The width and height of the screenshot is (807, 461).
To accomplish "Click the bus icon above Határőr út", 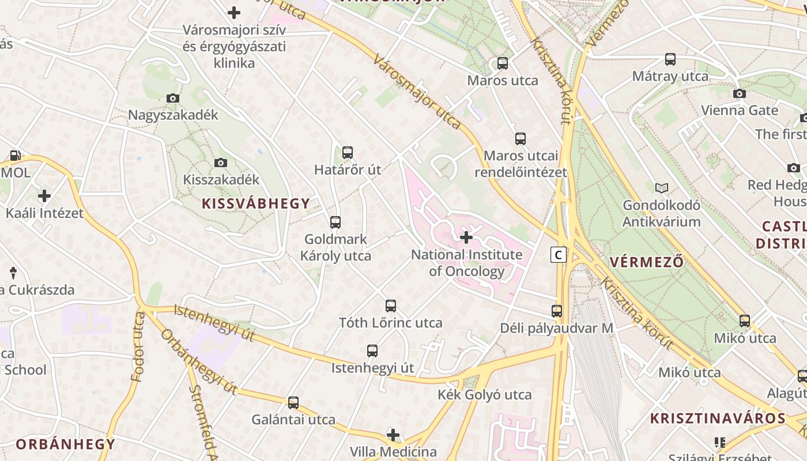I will [347, 153].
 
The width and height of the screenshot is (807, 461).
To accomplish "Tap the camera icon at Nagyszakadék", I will [172, 99].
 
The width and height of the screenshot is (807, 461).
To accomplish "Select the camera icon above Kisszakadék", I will [220, 163].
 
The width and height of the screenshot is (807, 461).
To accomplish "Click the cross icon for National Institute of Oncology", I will [466, 237].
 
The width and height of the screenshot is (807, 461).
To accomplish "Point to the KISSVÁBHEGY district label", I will [256, 203].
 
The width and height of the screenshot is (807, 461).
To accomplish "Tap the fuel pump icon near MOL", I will [15, 156].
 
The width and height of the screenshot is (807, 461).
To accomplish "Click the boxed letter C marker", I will [558, 254].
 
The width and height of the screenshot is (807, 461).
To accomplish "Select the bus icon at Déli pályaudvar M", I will [556, 311].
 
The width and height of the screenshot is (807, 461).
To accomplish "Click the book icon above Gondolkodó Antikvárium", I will [662, 188].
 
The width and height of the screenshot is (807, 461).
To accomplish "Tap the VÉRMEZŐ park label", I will [647, 262].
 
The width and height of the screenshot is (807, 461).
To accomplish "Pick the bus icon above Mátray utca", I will [670, 59].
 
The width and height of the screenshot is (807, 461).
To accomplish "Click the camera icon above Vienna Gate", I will [739, 93].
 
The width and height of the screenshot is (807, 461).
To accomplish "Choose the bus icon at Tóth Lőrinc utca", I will [390, 306].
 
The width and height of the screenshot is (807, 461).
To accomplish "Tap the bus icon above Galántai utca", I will [293, 403].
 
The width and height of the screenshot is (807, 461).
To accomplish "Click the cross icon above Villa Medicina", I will [393, 434].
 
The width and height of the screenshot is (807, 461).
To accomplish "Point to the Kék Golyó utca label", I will [484, 395].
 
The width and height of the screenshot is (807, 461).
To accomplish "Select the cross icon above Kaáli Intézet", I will [44, 196].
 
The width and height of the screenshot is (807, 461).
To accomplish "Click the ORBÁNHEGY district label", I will [66, 444].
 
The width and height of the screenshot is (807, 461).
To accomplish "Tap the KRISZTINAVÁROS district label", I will [718, 418].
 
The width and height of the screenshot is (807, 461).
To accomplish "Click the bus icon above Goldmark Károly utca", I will [335, 222].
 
